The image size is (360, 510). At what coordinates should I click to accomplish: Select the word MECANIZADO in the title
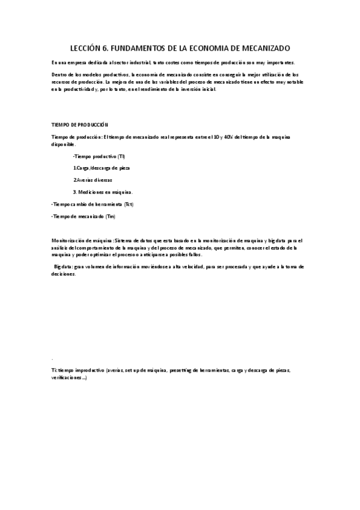pyautogui.click(x=260, y=47)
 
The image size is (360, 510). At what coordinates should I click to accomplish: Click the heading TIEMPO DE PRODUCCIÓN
pyautogui.click(x=79, y=124)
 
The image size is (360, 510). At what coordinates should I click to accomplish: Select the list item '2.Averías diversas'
pyautogui.click(x=93, y=180)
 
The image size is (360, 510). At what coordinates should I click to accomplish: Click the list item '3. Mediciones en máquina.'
pyautogui.click(x=103, y=192)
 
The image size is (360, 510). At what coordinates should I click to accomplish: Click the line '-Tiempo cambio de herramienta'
pyautogui.click(x=87, y=204)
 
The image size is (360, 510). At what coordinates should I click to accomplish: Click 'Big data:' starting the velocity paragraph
pyautogui.click(x=64, y=265)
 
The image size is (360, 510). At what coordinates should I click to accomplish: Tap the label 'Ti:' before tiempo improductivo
pyautogui.click(x=54, y=369)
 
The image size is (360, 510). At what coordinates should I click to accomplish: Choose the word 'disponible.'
pyautogui.click(x=64, y=144)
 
